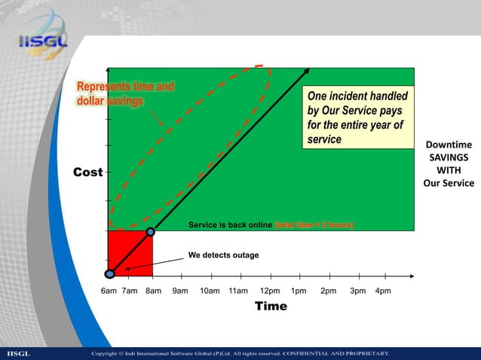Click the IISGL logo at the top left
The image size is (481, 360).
tap(42, 35)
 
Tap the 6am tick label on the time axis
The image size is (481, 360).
tap(109, 291)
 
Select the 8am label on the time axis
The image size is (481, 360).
tap(153, 291)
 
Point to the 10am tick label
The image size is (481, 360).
tap(210, 291)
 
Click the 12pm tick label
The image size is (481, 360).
tap(270, 291)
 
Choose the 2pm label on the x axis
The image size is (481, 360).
tap(329, 291)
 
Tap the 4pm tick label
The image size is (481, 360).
tap(383, 291)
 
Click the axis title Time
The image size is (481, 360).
tap(271, 307)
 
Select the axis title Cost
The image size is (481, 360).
tap(87, 172)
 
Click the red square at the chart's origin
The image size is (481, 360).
tap(130, 254)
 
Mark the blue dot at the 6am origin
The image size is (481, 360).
tap(110, 275)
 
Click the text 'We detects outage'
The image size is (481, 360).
tap(223, 255)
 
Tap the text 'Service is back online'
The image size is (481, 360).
tap(230, 225)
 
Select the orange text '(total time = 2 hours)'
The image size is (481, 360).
tap(314, 225)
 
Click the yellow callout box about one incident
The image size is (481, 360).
tap(357, 119)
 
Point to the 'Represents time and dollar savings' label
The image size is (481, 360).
tap(125, 94)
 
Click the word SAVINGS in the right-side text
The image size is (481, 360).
tap(449, 157)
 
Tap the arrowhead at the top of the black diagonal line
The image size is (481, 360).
tap(307, 71)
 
